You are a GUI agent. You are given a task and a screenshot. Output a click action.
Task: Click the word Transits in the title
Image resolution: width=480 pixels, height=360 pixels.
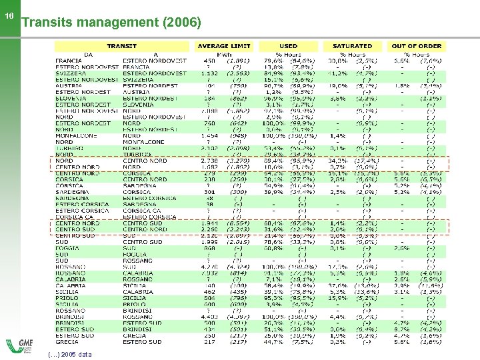click(46, 23)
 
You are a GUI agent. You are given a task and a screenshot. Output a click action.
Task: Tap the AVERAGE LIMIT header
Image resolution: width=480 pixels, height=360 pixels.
click(224, 46)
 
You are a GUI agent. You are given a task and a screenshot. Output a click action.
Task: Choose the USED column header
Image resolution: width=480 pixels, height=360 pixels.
click(288, 46)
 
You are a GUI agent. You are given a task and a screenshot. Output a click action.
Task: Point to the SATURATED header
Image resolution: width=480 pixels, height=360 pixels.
click(352, 46)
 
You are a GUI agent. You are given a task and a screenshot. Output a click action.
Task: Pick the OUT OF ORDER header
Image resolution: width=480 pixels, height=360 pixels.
click(417, 46)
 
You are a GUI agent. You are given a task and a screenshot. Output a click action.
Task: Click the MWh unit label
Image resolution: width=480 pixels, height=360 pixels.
click(224, 54)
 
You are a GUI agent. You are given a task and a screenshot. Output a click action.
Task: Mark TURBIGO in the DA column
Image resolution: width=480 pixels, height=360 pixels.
click(69, 148)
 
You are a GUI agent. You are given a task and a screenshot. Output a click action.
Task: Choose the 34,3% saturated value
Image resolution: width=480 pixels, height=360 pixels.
click(338, 161)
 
